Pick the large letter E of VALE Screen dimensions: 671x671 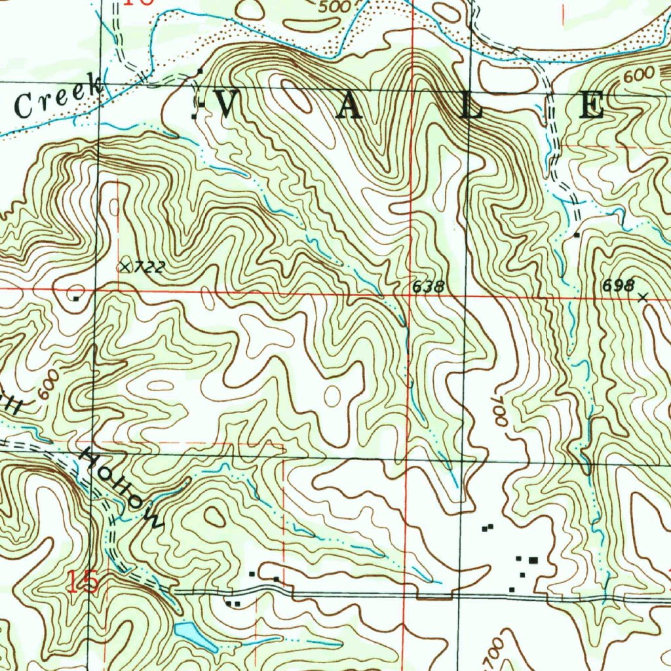591,105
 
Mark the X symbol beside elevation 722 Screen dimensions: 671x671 125,266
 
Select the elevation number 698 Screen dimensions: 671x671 619,286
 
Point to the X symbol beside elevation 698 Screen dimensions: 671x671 642,297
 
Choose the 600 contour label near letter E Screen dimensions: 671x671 638,75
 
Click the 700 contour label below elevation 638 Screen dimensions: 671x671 498,410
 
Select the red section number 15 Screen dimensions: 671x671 85,582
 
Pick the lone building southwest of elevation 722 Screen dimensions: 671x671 77,299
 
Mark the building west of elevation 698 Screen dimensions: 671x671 577,235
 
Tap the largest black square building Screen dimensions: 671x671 533,560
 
